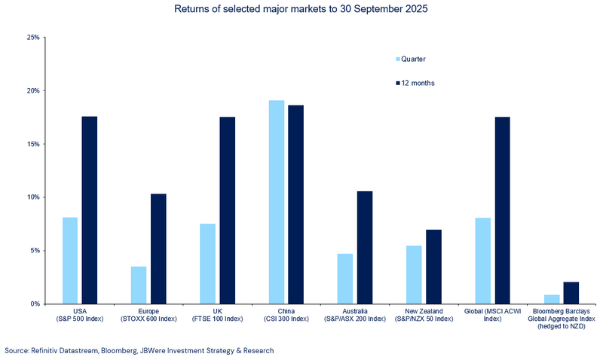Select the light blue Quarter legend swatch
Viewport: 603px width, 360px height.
coord(399,59)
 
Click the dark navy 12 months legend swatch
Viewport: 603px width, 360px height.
coord(399,83)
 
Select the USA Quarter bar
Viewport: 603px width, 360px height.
coord(70,261)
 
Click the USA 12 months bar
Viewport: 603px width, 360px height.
coord(90,210)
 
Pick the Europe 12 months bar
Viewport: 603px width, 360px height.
coord(158,249)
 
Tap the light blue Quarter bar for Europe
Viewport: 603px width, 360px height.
coord(139,285)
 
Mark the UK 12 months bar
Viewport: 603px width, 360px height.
coord(228,210)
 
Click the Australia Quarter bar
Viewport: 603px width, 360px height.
coord(345,279)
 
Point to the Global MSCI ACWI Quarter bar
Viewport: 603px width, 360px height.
coord(483,261)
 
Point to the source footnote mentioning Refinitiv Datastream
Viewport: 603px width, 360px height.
coord(139,350)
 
